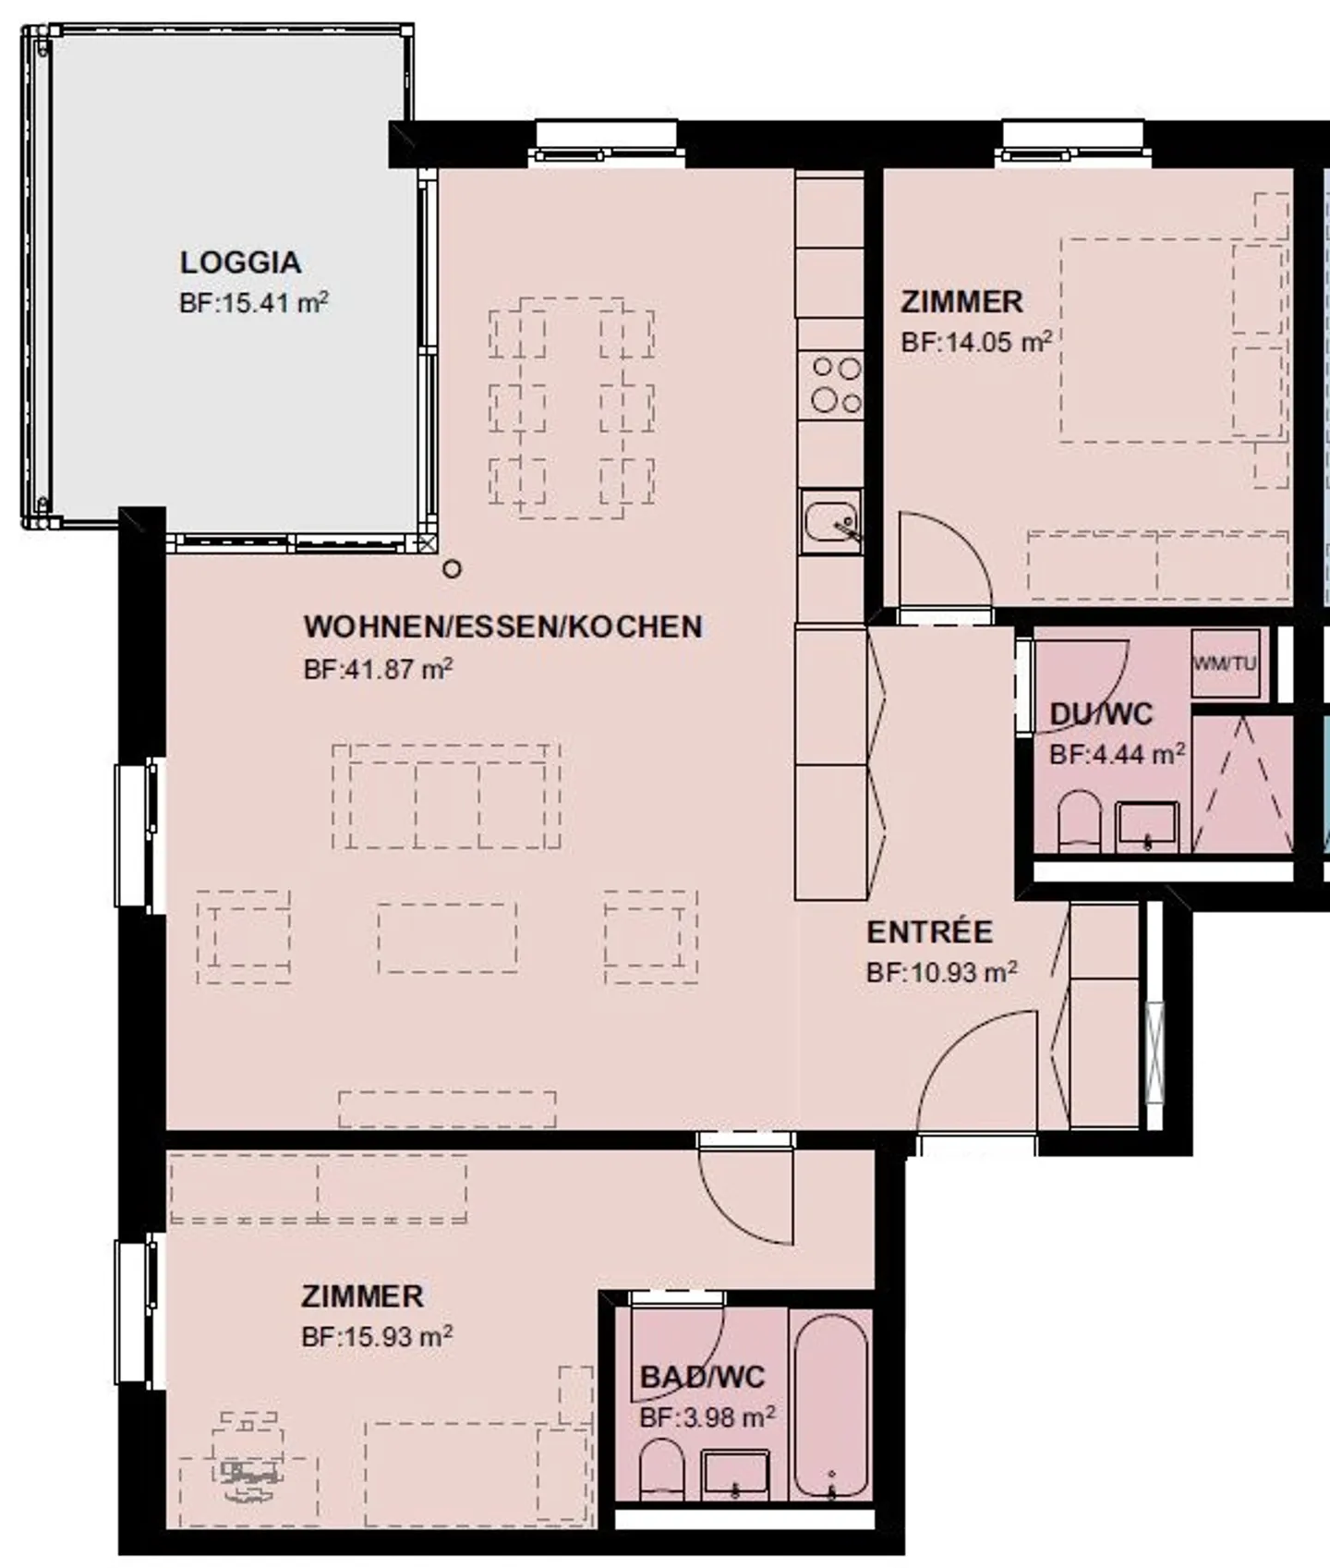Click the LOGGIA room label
240,262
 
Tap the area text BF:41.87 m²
378,668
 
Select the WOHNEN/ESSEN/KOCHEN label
503,626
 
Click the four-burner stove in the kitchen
835,385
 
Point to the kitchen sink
831,522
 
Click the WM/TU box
1226,663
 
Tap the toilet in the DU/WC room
1079,820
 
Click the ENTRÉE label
929,932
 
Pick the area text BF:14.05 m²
976,342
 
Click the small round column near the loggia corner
452,569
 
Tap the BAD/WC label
703,1378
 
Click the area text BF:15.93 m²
377,1336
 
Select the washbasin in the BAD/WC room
735,1476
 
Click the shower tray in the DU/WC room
1242,784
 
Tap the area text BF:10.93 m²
942,972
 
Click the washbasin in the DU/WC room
1147,826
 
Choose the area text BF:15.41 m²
254,302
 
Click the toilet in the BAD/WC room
661,1470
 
